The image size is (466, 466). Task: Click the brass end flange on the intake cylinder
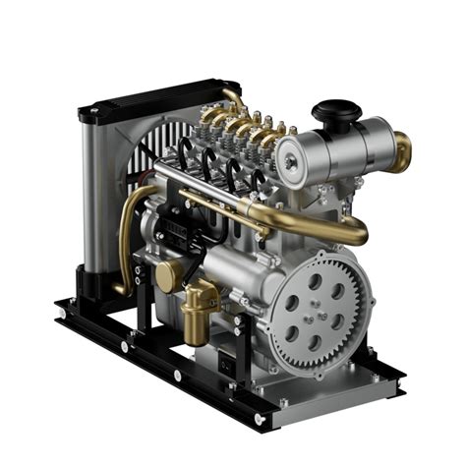(x=402, y=152)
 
